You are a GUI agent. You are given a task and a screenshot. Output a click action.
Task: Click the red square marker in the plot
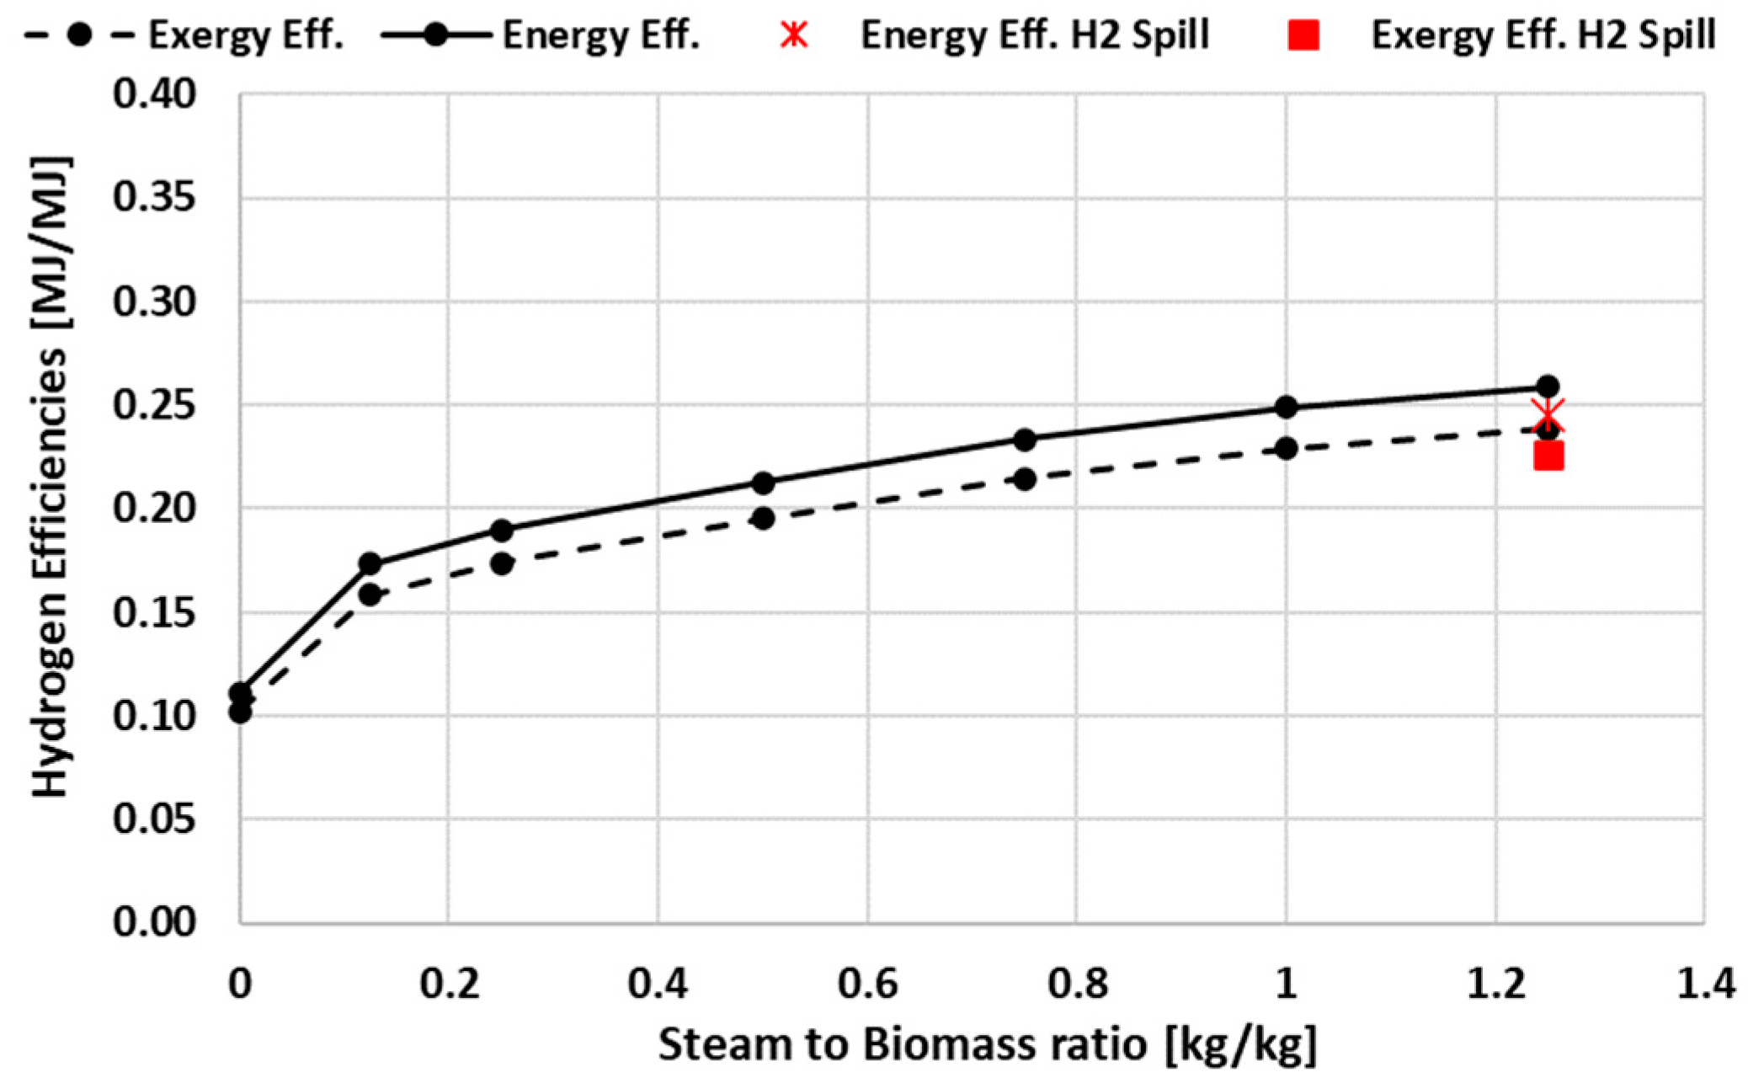pyautogui.click(x=1548, y=456)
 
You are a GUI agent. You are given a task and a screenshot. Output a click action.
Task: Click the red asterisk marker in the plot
pyautogui.click(x=1548, y=416)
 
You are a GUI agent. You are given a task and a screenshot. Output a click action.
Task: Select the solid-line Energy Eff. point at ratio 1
pyautogui.click(x=1285, y=408)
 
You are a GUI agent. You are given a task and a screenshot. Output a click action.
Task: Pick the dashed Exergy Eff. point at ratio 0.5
pyautogui.click(x=763, y=518)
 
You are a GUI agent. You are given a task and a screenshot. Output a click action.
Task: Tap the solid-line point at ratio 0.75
pyautogui.click(x=1024, y=440)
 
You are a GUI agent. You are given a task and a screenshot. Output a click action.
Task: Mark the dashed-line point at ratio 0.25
pyautogui.click(x=502, y=563)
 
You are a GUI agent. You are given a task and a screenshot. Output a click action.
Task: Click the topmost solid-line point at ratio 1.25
pyautogui.click(x=1548, y=387)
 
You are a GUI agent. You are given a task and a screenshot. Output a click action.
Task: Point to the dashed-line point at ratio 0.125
pyautogui.click(x=370, y=595)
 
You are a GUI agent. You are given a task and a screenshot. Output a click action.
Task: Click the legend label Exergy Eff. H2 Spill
pyautogui.click(x=1543, y=35)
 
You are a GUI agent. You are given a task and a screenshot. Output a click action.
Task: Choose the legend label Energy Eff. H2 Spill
pyautogui.click(x=1034, y=35)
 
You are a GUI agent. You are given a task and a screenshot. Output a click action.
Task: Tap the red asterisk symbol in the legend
pyautogui.click(x=793, y=35)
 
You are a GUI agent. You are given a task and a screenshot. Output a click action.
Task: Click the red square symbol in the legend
pyautogui.click(x=1303, y=35)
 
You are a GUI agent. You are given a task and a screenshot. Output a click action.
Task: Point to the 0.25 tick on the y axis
pyautogui.click(x=154, y=406)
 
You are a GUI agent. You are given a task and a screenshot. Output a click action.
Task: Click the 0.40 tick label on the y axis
pyautogui.click(x=154, y=94)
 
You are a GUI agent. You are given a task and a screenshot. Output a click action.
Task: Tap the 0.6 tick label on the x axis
pyautogui.click(x=867, y=984)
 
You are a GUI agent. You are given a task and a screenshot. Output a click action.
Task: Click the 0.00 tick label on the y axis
pyautogui.click(x=154, y=922)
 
